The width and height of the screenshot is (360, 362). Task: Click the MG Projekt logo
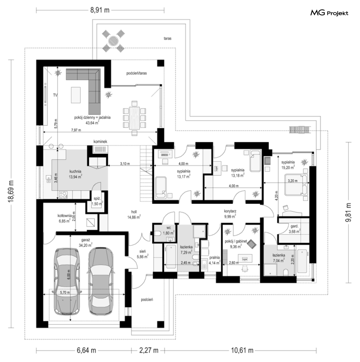pyautogui.click(x=329, y=13)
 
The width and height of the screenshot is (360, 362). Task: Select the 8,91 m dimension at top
pyautogui.click(x=100, y=10)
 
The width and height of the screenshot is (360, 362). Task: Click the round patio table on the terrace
pyautogui.click(x=113, y=39)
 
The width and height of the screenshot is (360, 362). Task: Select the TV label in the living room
pyautogui.click(x=55, y=95)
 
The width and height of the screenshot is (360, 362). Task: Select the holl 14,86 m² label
pyautogui.click(x=134, y=215)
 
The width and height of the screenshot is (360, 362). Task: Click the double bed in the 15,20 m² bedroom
pyautogui.click(x=296, y=185)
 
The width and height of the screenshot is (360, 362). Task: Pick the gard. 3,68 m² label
pyautogui.click(x=293, y=229)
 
